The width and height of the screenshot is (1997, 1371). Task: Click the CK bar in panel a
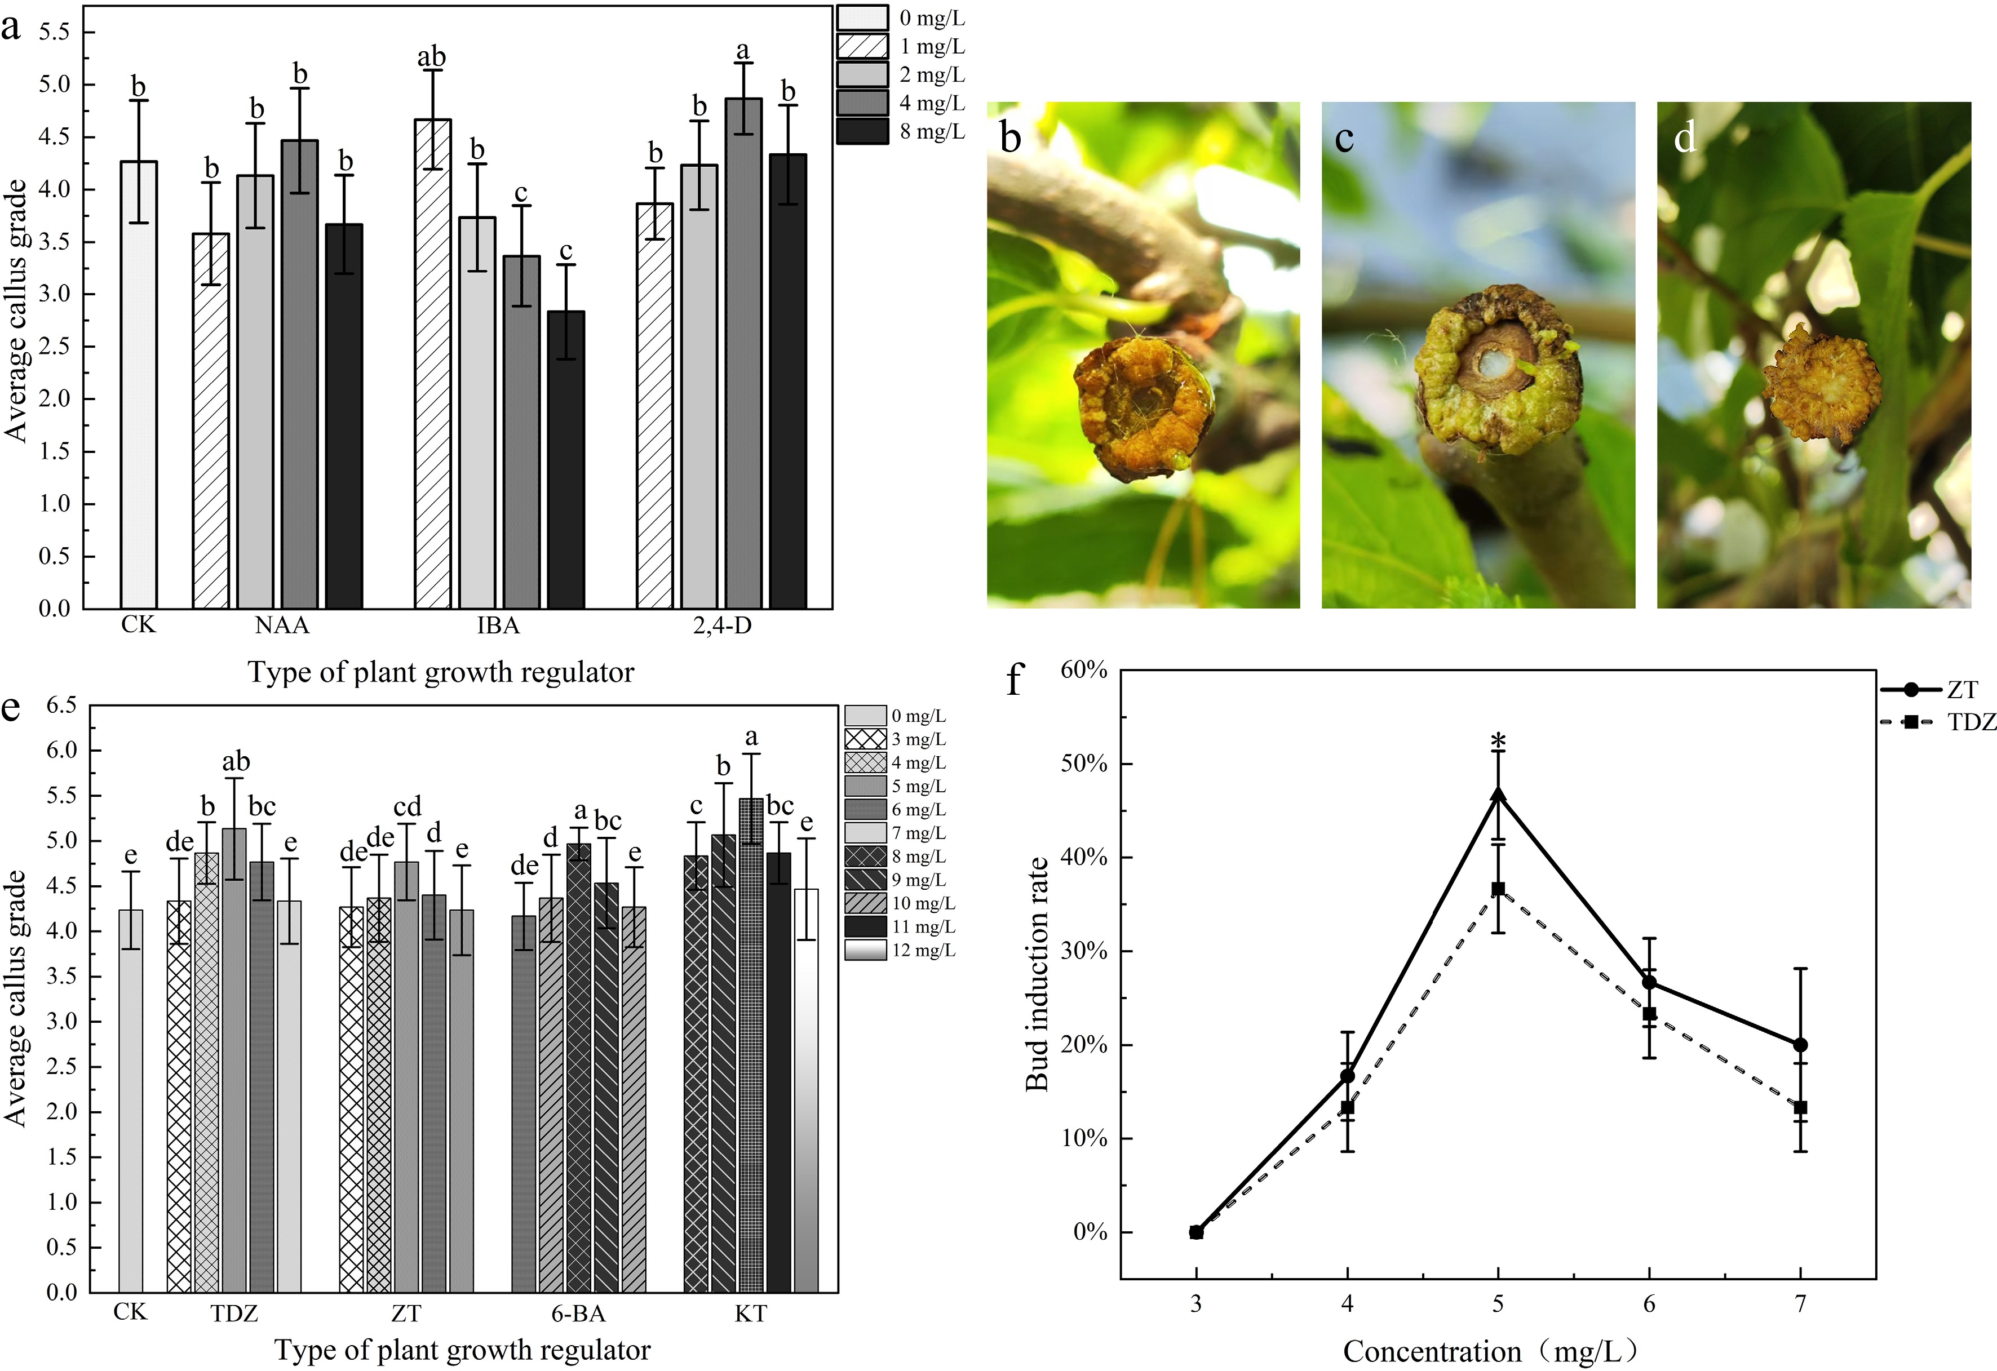pyautogui.click(x=138, y=387)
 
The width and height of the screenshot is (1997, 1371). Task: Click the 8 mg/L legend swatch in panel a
pyautogui.click(x=862, y=131)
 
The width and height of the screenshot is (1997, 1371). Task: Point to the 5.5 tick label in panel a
pyautogui.click(x=54, y=32)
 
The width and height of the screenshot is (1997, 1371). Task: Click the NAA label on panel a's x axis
pyautogui.click(x=282, y=625)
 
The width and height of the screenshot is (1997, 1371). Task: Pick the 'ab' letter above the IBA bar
pyautogui.click(x=431, y=57)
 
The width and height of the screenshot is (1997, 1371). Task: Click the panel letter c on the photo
pyautogui.click(x=1345, y=138)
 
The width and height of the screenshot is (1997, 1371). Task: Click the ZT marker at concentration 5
pyautogui.click(x=1498, y=795)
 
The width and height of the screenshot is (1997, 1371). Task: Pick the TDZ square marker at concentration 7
pyautogui.click(x=1800, y=1107)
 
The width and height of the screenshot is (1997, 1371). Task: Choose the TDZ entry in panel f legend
pyautogui.click(x=1942, y=722)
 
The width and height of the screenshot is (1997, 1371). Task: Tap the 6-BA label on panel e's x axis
pyautogui.click(x=578, y=1314)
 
